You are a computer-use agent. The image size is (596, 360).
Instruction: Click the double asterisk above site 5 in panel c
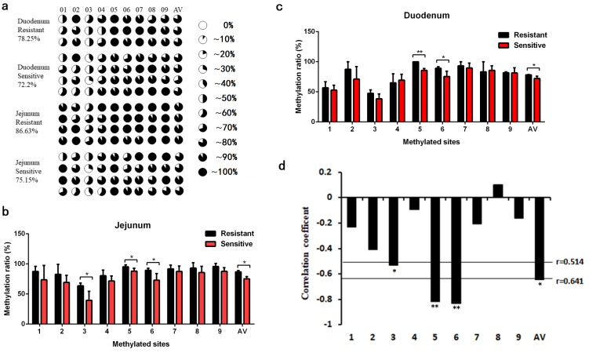pos(420,53)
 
